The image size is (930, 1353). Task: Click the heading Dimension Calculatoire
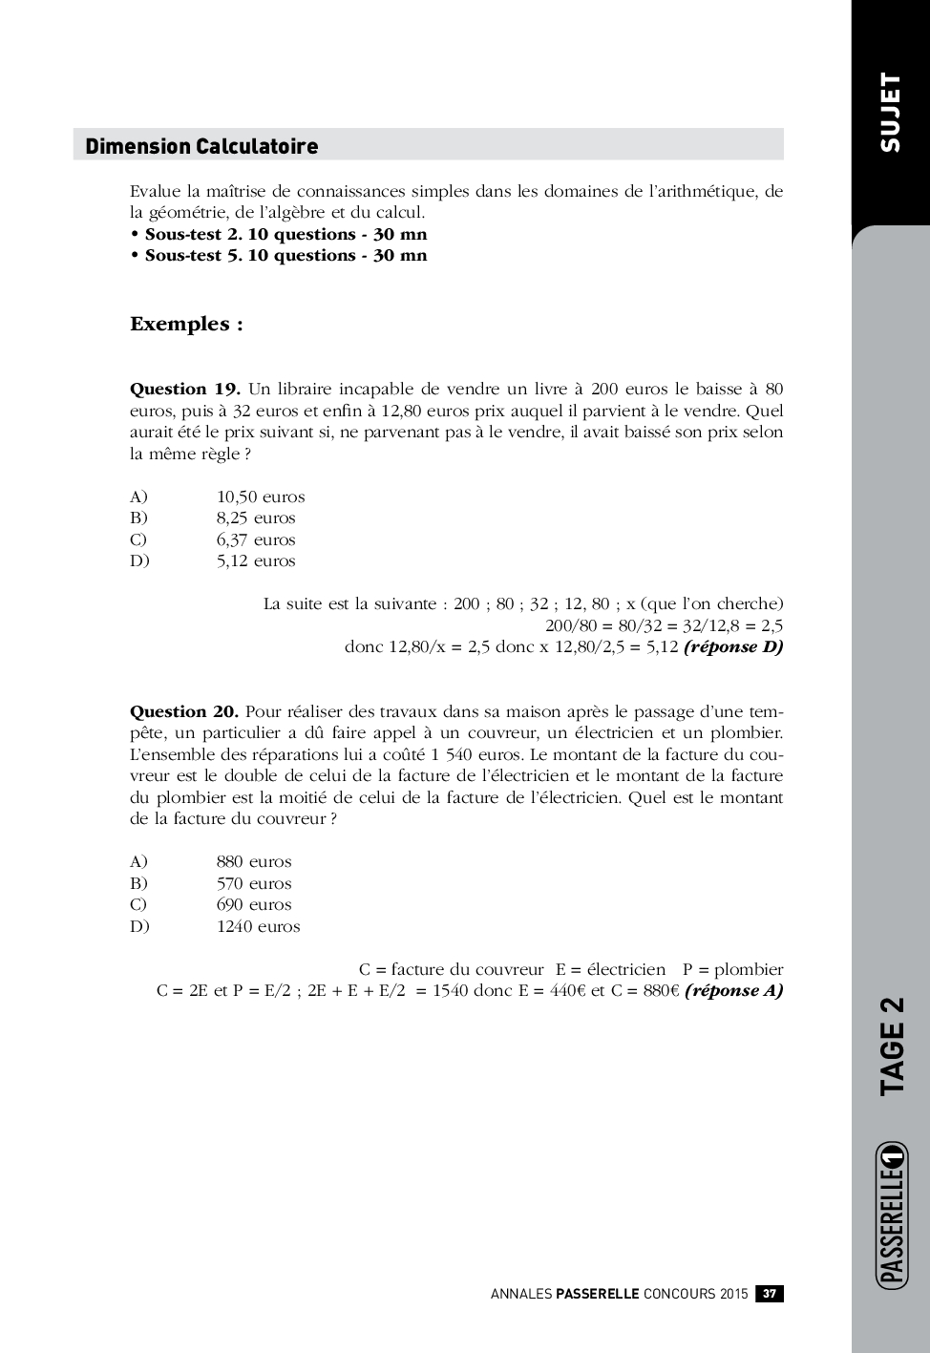tap(201, 146)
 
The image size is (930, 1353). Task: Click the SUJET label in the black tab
tap(889, 112)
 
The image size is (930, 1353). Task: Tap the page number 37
tap(770, 1294)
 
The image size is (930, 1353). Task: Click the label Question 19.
tap(184, 389)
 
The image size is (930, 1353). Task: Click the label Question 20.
tap(184, 711)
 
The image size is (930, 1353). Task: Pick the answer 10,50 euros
tap(261, 497)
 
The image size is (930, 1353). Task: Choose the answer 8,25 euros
tap(256, 518)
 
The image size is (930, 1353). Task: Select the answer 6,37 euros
tap(256, 539)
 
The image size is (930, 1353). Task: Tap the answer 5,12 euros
tap(256, 560)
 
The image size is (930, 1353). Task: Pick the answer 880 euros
tap(254, 861)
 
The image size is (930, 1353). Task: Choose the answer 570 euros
tap(254, 883)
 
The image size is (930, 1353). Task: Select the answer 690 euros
tap(254, 904)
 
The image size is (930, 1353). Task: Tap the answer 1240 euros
tap(258, 926)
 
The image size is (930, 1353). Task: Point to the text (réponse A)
tap(733, 990)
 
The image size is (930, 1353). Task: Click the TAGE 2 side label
tap(891, 1046)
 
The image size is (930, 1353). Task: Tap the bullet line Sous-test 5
tap(285, 255)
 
